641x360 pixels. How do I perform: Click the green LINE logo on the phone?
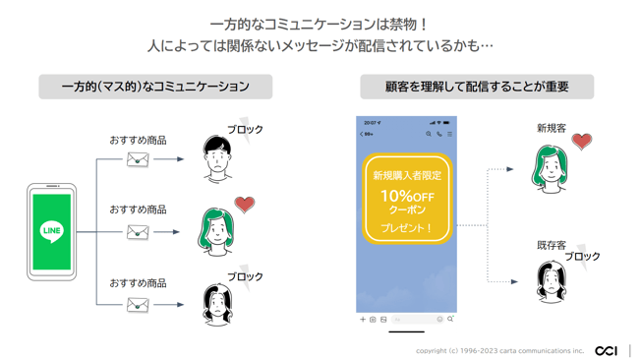pos(52,231)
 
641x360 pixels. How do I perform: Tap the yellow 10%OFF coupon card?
pos(407,200)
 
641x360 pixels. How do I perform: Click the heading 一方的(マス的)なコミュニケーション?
pos(155,87)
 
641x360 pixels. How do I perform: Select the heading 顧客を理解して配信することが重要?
pos(477,87)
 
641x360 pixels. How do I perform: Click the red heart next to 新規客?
pos(582,142)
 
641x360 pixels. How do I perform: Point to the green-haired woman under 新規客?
pos(551,168)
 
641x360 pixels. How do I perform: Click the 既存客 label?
pos(551,244)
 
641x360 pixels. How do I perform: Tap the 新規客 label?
pos(551,128)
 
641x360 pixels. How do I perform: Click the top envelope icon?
pos(138,158)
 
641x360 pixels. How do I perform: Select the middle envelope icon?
pos(138,232)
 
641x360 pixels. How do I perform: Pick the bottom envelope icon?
pos(138,305)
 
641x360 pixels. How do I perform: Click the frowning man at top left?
pos(216,158)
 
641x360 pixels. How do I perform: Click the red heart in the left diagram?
pos(245,205)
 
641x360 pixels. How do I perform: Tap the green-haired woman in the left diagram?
pos(216,232)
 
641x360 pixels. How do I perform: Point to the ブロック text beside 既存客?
pos(582,257)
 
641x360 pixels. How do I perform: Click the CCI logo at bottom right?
pos(607,350)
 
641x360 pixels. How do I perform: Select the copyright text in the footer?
pos(499,350)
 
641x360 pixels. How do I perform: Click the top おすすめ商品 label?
pos(138,140)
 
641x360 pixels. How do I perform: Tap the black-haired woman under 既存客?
pos(551,283)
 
